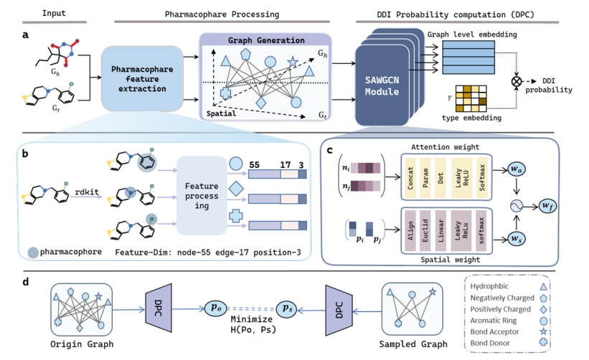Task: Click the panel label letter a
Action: coord(25,34)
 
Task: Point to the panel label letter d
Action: coord(25,282)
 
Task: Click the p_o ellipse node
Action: coord(215,306)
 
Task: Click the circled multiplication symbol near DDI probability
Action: coord(515,82)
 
